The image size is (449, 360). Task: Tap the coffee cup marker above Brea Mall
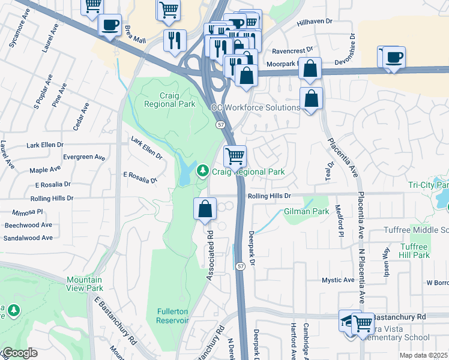tap(110, 25)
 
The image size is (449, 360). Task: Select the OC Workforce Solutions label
tap(255, 107)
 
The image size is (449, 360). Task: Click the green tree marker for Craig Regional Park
tap(203, 172)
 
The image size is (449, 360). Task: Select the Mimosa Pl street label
tap(27, 212)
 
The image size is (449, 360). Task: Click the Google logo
tap(19, 353)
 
